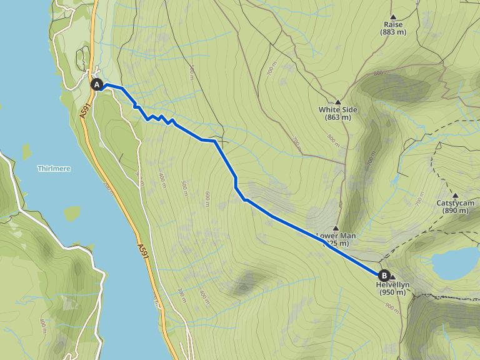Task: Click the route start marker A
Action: pyautogui.click(x=97, y=84)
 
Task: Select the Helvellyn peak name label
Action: pyautogui.click(x=392, y=284)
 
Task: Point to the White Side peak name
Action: pyautogui.click(x=337, y=109)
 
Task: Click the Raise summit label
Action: pyautogui.click(x=393, y=24)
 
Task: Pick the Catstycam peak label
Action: pyautogui.click(x=455, y=203)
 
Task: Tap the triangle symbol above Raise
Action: pyautogui.click(x=393, y=16)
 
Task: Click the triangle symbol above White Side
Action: pyautogui.click(x=337, y=101)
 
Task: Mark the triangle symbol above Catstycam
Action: pyautogui.click(x=455, y=195)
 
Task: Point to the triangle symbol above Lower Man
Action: pyautogui.click(x=336, y=228)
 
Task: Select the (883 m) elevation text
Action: pyautogui.click(x=393, y=32)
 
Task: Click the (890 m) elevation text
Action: pyautogui.click(x=455, y=211)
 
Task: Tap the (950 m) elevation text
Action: pyautogui.click(x=392, y=292)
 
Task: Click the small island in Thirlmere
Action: pyautogui.click(x=26, y=152)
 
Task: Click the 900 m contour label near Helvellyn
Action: pyautogui.click(x=392, y=307)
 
